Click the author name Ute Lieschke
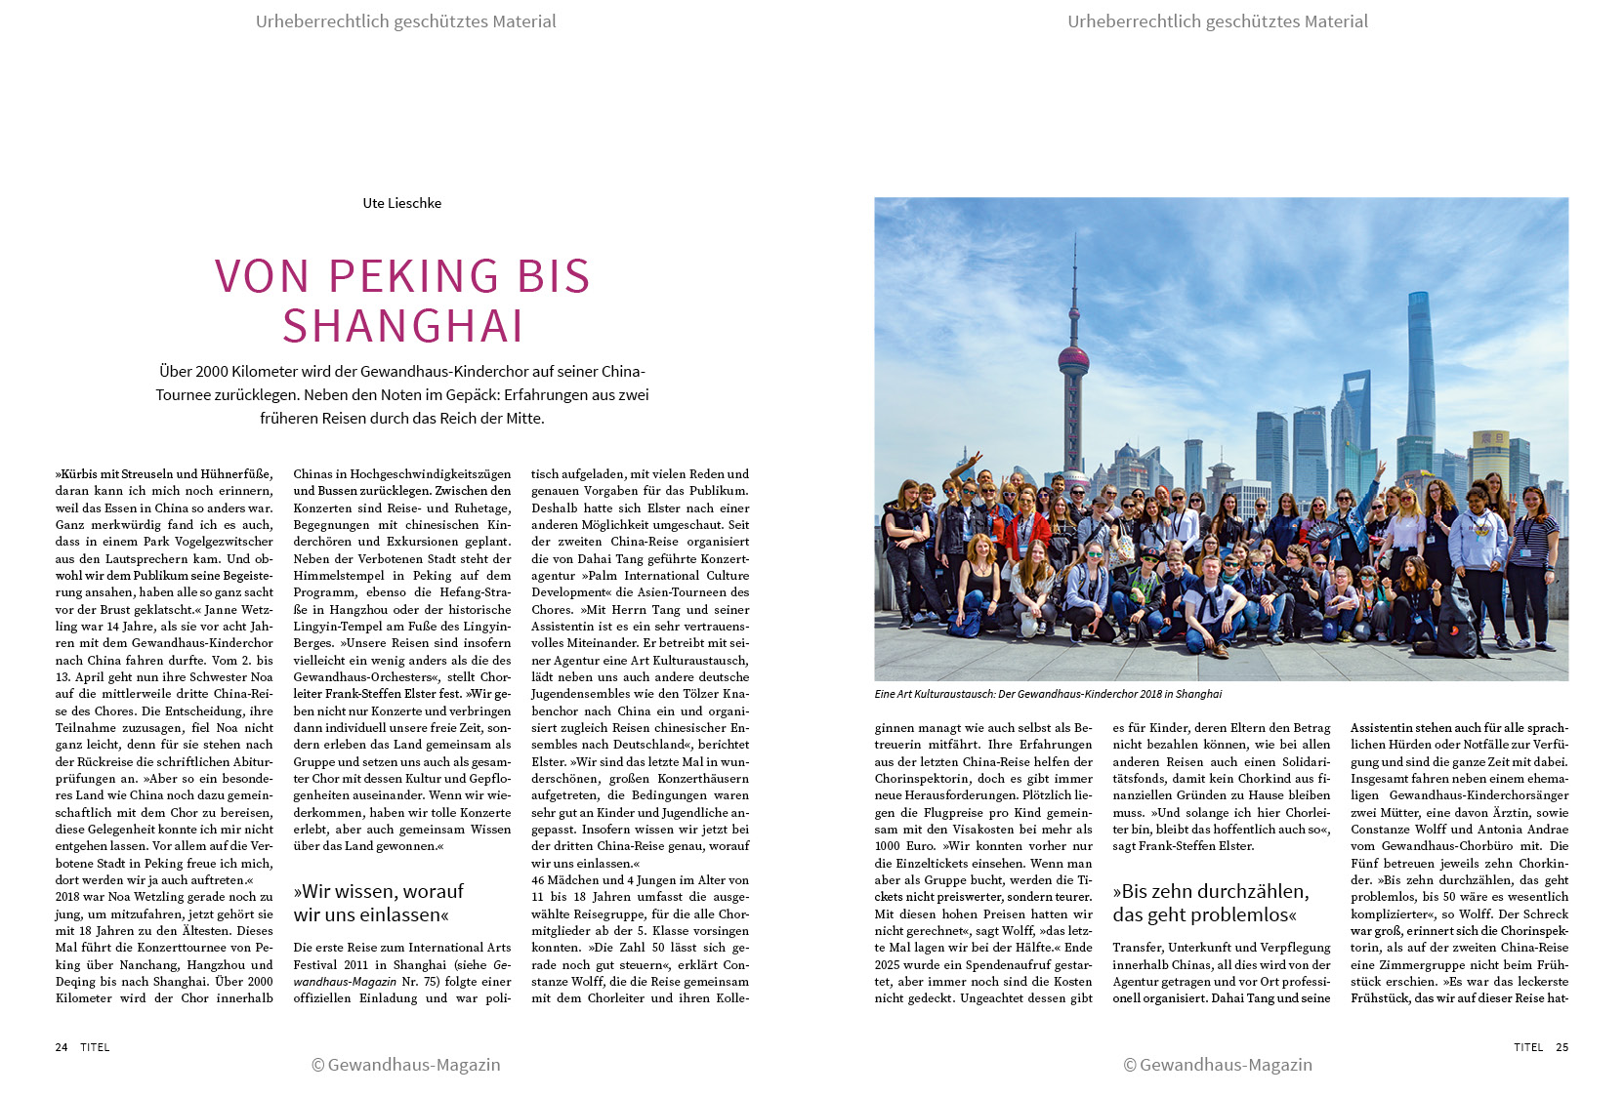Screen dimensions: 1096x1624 coord(401,203)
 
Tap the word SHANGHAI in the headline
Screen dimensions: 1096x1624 coord(402,326)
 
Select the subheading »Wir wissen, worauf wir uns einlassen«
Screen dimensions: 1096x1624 coord(378,903)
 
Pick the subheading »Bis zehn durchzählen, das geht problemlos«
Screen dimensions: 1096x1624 coord(1210,903)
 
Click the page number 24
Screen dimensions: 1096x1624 coord(62,1047)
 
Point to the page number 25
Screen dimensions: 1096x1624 coord(1562,1047)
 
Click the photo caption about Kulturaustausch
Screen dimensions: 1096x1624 coord(1048,694)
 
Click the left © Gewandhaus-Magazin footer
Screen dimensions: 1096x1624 coord(405,1065)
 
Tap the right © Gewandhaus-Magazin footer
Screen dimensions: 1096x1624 coord(1218,1065)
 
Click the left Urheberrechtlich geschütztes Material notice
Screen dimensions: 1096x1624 coord(405,21)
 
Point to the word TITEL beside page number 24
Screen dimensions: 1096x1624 coord(95,1047)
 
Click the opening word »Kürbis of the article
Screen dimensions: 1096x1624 coord(77,474)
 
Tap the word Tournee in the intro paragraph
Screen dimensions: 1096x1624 coord(186,394)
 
